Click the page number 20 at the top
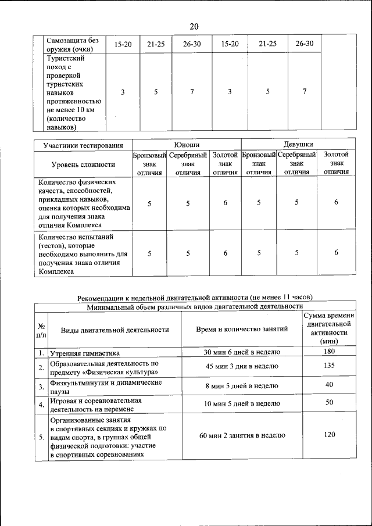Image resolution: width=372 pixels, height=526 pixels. point(194,26)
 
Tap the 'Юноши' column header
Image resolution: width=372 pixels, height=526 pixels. point(187,144)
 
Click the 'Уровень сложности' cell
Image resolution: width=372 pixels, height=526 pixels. point(83,164)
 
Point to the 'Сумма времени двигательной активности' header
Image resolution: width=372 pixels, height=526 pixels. point(329,329)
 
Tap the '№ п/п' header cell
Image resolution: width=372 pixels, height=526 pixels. point(41,330)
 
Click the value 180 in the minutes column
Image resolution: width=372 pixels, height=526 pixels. point(329,352)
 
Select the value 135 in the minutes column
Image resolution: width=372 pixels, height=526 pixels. point(329,367)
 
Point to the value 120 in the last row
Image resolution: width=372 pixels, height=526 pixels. point(329,435)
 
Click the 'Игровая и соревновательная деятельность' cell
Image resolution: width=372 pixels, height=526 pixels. point(96,404)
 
